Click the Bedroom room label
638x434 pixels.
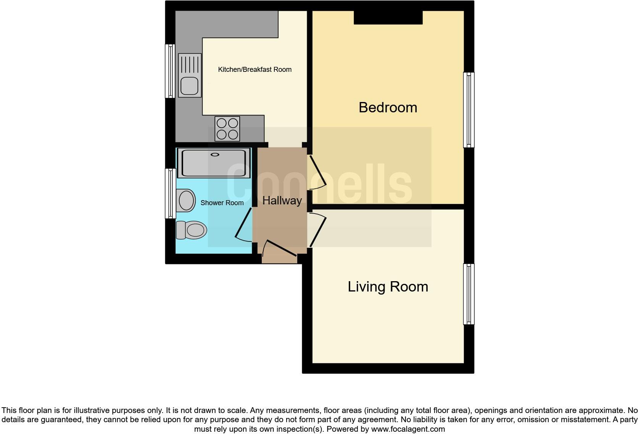(388, 107)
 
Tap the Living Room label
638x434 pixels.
(388, 287)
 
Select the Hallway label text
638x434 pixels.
(282, 200)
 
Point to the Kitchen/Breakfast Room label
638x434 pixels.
(255, 70)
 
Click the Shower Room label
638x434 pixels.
(222, 203)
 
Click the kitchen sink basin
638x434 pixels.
(189, 86)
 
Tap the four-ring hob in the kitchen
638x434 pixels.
(227, 129)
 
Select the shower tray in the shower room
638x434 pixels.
(214, 163)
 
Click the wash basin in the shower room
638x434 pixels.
(186, 200)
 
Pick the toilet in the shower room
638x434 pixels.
(192, 230)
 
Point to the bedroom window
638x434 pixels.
(469, 110)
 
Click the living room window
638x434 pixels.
(469, 294)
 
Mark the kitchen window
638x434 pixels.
(170, 71)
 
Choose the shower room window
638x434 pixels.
(170, 193)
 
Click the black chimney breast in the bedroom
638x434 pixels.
(388, 18)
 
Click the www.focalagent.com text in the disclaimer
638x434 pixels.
(408, 429)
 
